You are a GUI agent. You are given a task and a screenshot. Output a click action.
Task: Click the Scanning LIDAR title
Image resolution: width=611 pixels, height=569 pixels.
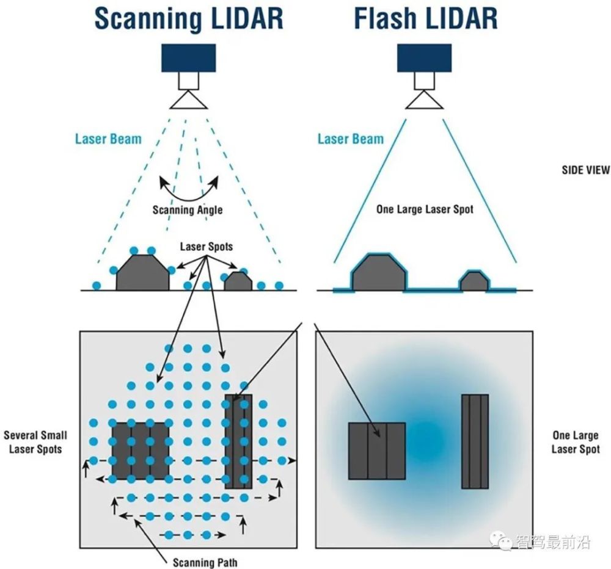coord(188,18)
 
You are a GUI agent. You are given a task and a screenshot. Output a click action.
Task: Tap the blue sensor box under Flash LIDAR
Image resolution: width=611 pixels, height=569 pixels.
coord(424,57)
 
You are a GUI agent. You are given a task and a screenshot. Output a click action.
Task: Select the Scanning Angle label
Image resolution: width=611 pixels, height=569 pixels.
coord(188,209)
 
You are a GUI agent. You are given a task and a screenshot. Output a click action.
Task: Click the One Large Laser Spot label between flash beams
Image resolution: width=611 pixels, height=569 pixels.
coord(425,209)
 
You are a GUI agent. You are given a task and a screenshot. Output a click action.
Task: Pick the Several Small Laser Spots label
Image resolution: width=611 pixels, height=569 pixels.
coord(35,442)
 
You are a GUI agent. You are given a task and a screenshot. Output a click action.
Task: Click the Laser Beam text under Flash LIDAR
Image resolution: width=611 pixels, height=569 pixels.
coord(351,139)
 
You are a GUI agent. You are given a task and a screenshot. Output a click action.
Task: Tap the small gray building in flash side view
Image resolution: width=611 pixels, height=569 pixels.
coord(474,281)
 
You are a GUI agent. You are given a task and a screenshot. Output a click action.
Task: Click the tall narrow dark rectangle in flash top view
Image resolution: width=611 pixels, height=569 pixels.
coord(475,441)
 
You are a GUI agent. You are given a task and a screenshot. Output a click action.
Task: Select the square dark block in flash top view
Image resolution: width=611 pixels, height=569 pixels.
coord(377,451)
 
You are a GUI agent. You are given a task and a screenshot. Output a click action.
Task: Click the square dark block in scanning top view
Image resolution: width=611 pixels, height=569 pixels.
coord(141,450)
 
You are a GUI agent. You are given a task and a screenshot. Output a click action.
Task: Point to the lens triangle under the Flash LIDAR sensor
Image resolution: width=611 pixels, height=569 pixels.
coord(424,100)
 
